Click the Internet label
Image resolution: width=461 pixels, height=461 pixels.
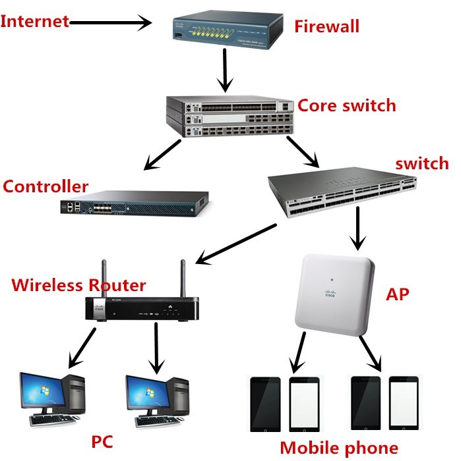[34, 21]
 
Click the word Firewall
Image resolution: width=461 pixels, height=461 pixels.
[326, 26]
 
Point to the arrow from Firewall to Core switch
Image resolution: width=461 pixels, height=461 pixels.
[226, 70]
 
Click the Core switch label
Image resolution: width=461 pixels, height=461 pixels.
[347, 105]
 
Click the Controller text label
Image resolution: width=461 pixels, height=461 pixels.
[46, 186]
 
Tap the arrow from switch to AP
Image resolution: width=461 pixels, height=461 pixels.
[357, 228]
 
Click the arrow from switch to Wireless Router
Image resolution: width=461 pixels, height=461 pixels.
[237, 244]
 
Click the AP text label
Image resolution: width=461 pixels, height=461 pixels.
[396, 294]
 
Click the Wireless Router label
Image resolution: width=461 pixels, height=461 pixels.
[78, 285]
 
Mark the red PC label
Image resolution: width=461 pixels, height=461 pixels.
[103, 441]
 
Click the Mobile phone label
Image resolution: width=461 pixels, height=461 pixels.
[339, 448]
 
